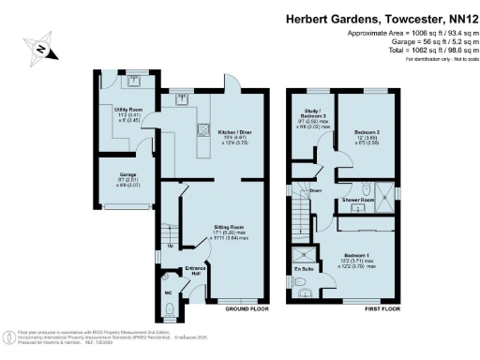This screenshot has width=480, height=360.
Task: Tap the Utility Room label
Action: [127, 111]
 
